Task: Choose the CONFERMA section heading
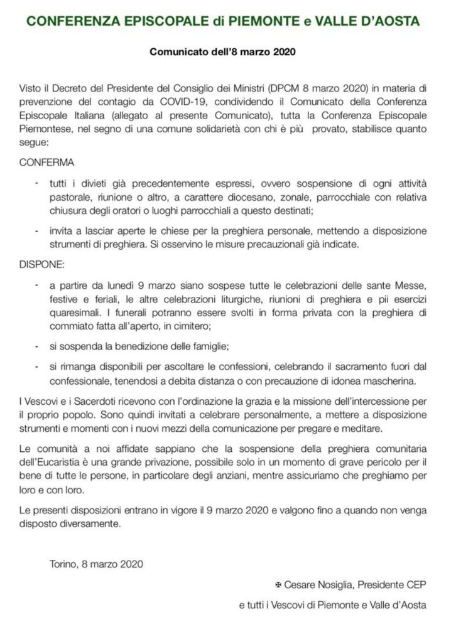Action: click(48, 162)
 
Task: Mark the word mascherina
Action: click(383, 382)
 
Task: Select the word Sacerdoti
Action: click(111, 403)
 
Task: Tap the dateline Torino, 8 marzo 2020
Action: click(96, 564)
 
